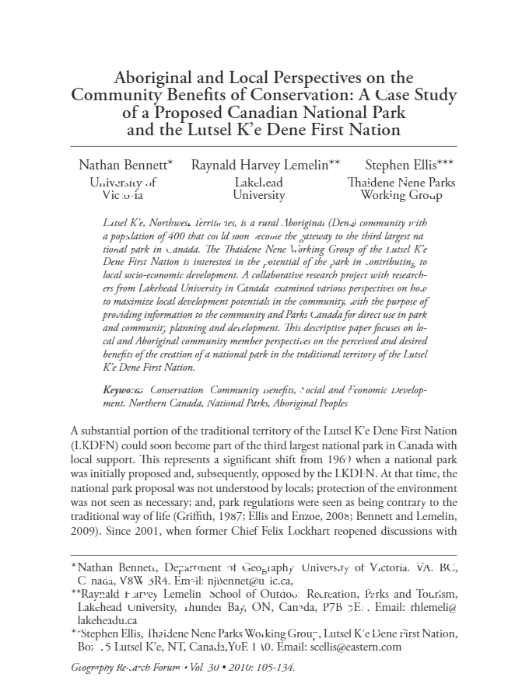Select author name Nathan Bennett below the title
coord(125,165)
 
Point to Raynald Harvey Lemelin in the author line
coord(265,165)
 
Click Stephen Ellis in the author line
coord(409,165)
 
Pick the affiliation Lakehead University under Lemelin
coord(259,189)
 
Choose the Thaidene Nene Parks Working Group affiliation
coord(401,189)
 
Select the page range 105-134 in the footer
coord(276,668)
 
